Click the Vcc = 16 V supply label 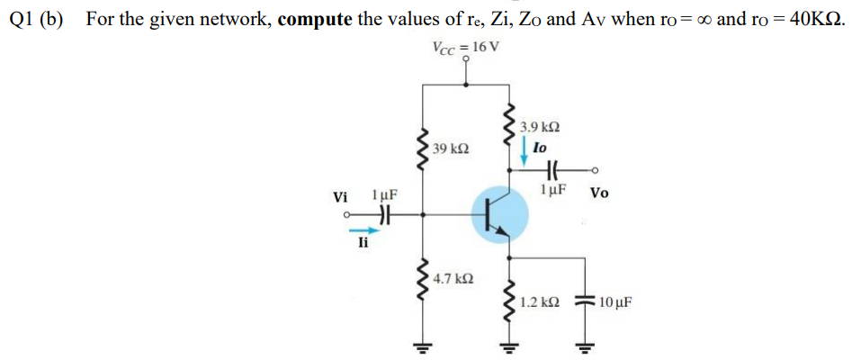click(x=463, y=48)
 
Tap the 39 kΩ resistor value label click(x=450, y=147)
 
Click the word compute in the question click(x=315, y=19)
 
